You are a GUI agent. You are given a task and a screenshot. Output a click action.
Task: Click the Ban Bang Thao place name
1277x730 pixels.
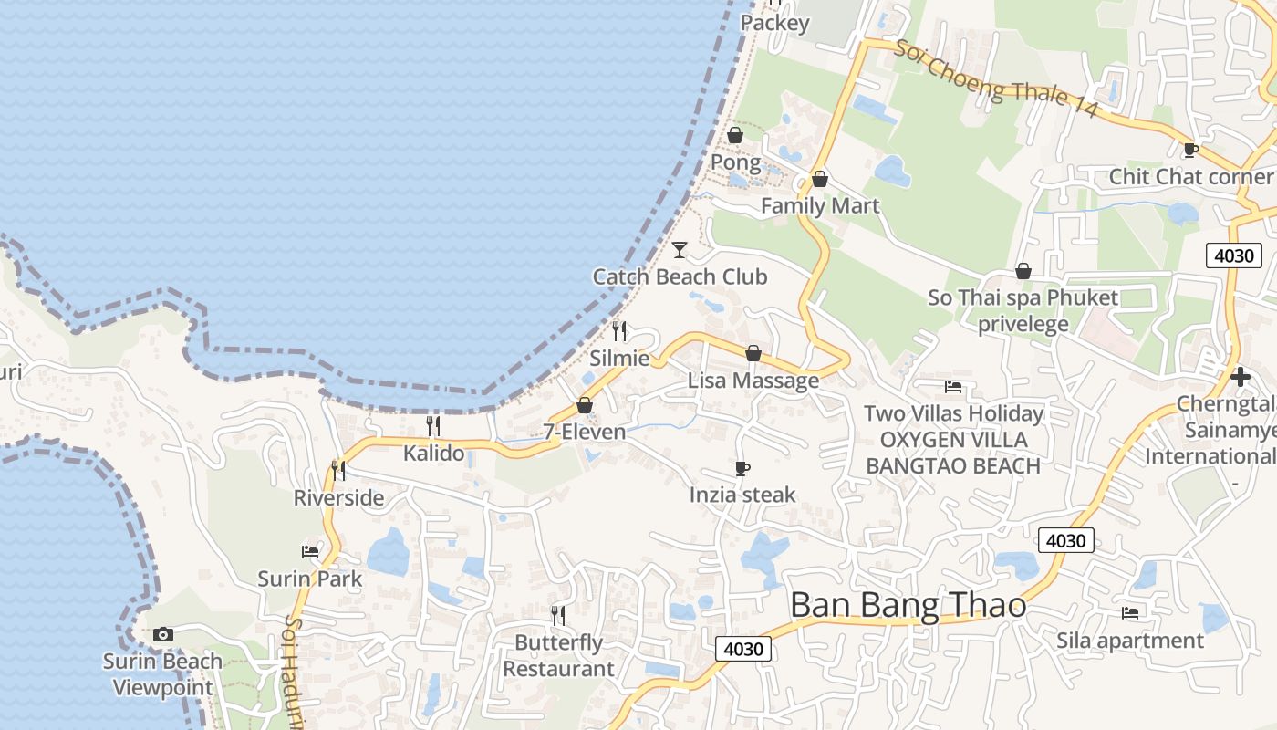pos(908,605)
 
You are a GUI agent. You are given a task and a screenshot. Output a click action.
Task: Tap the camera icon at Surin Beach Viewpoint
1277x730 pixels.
pos(163,634)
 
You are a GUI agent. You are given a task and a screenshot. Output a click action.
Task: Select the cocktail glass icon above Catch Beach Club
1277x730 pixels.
pos(680,249)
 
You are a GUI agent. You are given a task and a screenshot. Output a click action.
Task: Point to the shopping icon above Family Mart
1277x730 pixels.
pos(820,179)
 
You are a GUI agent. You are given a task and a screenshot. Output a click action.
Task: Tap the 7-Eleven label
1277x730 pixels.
pos(585,432)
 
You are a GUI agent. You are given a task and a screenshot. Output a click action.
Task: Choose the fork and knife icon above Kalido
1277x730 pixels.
pos(433,425)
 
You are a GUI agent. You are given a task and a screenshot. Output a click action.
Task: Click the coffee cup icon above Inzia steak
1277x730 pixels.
pos(742,468)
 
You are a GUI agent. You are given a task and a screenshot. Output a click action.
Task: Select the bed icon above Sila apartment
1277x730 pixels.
pos(1130,613)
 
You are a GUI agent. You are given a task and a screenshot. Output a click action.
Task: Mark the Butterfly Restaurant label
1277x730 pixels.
pos(559,655)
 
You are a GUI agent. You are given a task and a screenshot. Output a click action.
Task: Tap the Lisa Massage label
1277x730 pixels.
pos(753,381)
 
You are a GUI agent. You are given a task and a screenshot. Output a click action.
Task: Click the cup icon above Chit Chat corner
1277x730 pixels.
pos(1190,150)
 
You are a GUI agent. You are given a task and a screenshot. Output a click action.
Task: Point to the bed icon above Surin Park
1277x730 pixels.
pos(310,551)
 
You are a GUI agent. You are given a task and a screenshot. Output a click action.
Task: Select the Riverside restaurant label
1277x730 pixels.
pos(338,497)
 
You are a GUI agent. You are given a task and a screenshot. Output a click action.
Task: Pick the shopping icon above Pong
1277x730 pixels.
pos(735,136)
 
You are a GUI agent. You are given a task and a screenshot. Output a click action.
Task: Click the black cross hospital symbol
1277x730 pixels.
pos(1240,376)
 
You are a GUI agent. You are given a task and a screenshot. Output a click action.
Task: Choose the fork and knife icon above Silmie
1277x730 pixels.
pos(619,330)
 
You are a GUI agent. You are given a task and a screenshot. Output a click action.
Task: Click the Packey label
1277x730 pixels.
pos(774,23)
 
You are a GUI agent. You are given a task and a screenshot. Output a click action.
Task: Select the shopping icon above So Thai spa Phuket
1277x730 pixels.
pos(1023,271)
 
